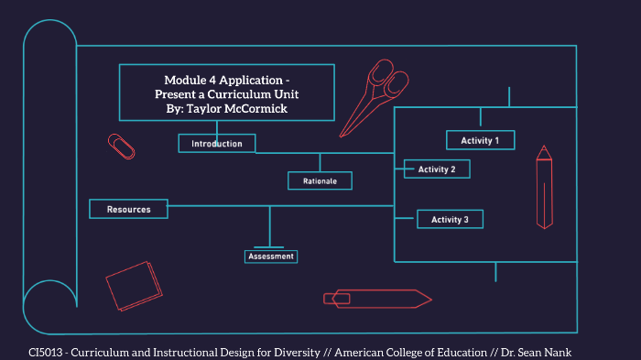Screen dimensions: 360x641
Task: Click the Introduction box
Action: click(x=217, y=144)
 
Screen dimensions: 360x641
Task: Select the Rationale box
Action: click(x=320, y=181)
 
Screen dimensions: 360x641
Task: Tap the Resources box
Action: click(x=128, y=210)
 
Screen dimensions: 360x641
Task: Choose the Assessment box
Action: click(x=270, y=256)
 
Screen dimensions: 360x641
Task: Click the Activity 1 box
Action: click(x=480, y=140)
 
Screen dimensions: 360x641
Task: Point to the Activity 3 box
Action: click(x=450, y=220)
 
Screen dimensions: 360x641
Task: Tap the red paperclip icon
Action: click(x=121, y=146)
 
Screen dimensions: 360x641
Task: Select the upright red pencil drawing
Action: click(x=545, y=187)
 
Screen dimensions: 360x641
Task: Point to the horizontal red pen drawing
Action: click(x=376, y=298)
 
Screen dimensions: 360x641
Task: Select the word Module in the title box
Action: click(x=187, y=80)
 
